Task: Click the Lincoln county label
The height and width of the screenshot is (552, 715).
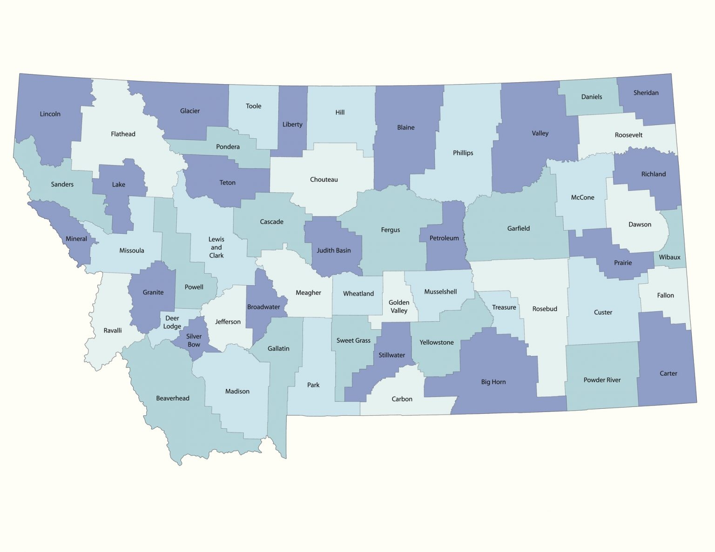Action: tap(50, 114)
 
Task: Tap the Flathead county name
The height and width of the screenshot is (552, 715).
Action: tap(123, 134)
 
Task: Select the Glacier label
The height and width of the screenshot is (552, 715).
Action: tap(190, 111)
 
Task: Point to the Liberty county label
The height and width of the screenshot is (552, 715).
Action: tap(292, 125)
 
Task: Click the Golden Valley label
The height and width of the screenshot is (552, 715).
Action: tap(399, 306)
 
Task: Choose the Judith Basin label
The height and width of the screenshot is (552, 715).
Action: tap(334, 251)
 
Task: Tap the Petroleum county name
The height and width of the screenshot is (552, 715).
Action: tap(444, 238)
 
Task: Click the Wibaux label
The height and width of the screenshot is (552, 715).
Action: tap(669, 257)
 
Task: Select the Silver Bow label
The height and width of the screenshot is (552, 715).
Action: tap(194, 340)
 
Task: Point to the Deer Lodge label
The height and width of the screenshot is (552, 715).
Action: tap(172, 322)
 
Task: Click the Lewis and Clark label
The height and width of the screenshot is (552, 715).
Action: tap(216, 247)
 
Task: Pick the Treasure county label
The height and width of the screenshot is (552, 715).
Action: tap(504, 307)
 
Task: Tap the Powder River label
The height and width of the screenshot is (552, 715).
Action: tap(602, 380)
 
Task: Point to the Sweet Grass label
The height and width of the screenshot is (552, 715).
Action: tap(353, 340)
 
